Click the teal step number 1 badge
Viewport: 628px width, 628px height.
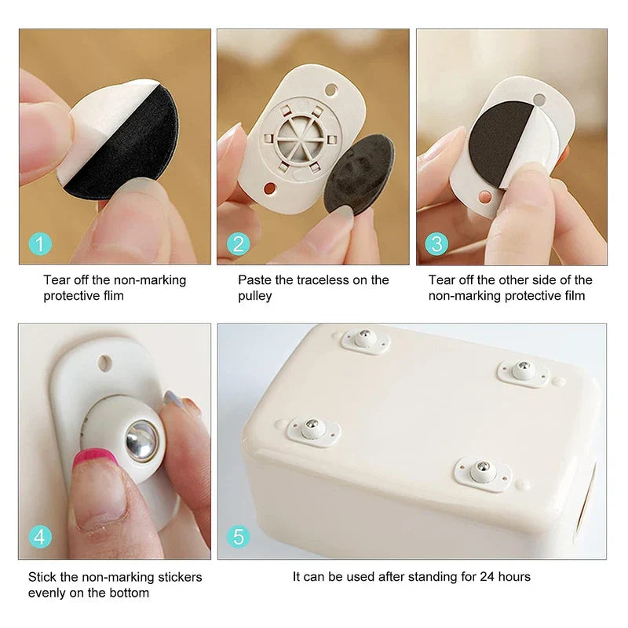[x=40, y=244]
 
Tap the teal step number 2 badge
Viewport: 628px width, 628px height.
[x=239, y=244]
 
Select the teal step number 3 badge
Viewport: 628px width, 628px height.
[x=436, y=244]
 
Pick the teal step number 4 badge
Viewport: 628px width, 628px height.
[x=40, y=537]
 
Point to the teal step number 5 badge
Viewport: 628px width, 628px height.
[x=239, y=537]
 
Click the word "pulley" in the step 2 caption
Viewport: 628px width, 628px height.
[x=256, y=296]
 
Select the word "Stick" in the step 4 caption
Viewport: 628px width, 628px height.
[x=43, y=577]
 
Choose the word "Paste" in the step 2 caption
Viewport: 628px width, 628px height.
[x=255, y=279]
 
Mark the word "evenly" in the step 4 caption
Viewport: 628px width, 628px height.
[x=48, y=593]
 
